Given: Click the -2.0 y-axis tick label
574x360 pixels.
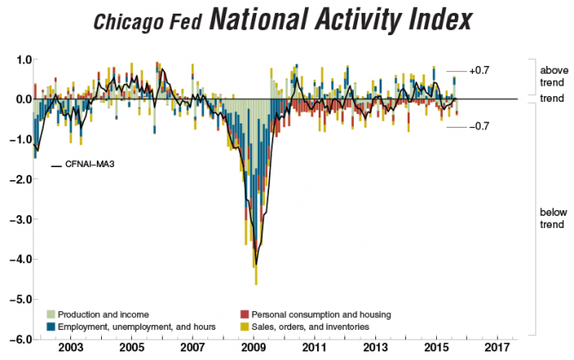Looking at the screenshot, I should point(19,179).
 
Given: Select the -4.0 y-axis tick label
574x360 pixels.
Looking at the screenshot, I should point(19,259).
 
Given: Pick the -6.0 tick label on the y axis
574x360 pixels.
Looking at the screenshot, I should point(19,339).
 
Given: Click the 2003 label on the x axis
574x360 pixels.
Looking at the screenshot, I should point(70,349).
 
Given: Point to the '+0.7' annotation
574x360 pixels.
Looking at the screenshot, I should point(478,71).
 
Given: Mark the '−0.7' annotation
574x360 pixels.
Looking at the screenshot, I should point(478,127).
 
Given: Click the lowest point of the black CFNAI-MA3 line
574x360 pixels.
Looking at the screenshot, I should point(254,266).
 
